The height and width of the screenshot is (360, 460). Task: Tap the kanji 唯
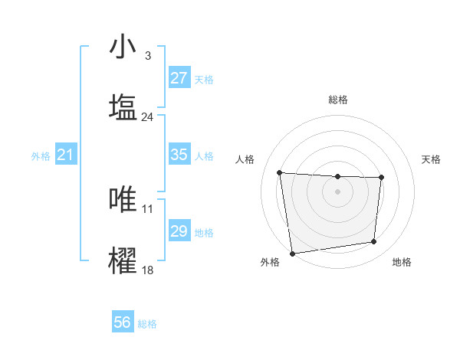[123, 200]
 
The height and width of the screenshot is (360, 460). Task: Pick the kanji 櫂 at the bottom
[123, 261]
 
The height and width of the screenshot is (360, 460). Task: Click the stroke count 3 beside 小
[147, 56]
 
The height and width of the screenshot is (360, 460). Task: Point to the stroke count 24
[147, 117]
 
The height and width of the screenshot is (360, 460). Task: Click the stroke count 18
[147, 270]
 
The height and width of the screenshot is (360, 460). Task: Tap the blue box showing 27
[179, 78]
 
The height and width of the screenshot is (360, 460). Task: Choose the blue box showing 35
[179, 155]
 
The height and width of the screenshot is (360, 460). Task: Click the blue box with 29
[179, 231]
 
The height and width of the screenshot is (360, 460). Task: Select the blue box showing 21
[65, 155]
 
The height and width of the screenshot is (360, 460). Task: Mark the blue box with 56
[123, 322]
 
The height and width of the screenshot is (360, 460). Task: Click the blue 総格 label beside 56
[147, 324]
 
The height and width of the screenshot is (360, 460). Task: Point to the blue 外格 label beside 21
[41, 156]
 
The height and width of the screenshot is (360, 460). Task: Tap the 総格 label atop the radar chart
[337, 100]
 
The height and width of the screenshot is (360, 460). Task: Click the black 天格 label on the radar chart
[431, 159]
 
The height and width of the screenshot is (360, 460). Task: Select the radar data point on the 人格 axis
[280, 172]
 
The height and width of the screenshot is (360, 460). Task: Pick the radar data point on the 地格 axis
[374, 242]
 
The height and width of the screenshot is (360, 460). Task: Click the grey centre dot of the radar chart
[337, 191]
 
